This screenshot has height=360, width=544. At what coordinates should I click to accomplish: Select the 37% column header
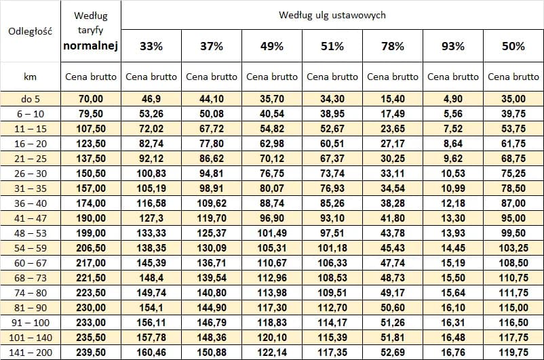pyautogui.click(x=211, y=46)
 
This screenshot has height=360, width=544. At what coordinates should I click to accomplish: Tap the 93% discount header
pyautogui.click(x=453, y=46)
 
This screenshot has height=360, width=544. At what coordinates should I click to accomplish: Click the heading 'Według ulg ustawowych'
pyautogui.click(x=332, y=14)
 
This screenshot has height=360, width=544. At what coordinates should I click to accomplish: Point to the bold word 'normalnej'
pyautogui.click(x=91, y=46)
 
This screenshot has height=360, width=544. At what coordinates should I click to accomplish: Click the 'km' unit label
pyautogui.click(x=30, y=77)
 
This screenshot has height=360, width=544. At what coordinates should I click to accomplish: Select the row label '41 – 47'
pyautogui.click(x=30, y=218)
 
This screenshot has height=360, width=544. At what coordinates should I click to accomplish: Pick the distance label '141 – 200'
pyautogui.click(x=30, y=353)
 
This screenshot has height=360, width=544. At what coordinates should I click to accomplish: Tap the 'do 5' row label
pyautogui.click(x=30, y=99)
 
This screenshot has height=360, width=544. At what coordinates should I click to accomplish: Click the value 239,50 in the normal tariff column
pyautogui.click(x=91, y=353)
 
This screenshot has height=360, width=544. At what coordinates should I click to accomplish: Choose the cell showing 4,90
pyautogui.click(x=453, y=99)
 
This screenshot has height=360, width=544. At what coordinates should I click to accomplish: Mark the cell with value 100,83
pyautogui.click(x=151, y=174)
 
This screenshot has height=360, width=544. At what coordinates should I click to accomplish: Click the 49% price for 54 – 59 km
pyautogui.click(x=271, y=248)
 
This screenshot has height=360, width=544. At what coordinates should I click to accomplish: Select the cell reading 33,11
pyautogui.click(x=393, y=174)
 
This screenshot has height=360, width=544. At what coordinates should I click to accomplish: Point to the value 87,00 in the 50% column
pyautogui.click(x=513, y=203)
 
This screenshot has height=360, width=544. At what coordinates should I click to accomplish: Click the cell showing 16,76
pyautogui.click(x=453, y=353)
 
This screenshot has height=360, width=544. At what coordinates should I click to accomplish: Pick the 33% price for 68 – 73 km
pyautogui.click(x=151, y=278)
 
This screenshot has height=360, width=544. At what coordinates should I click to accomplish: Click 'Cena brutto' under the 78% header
pyautogui.click(x=393, y=77)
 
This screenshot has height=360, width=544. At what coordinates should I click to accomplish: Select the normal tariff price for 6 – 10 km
pyautogui.click(x=91, y=114)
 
